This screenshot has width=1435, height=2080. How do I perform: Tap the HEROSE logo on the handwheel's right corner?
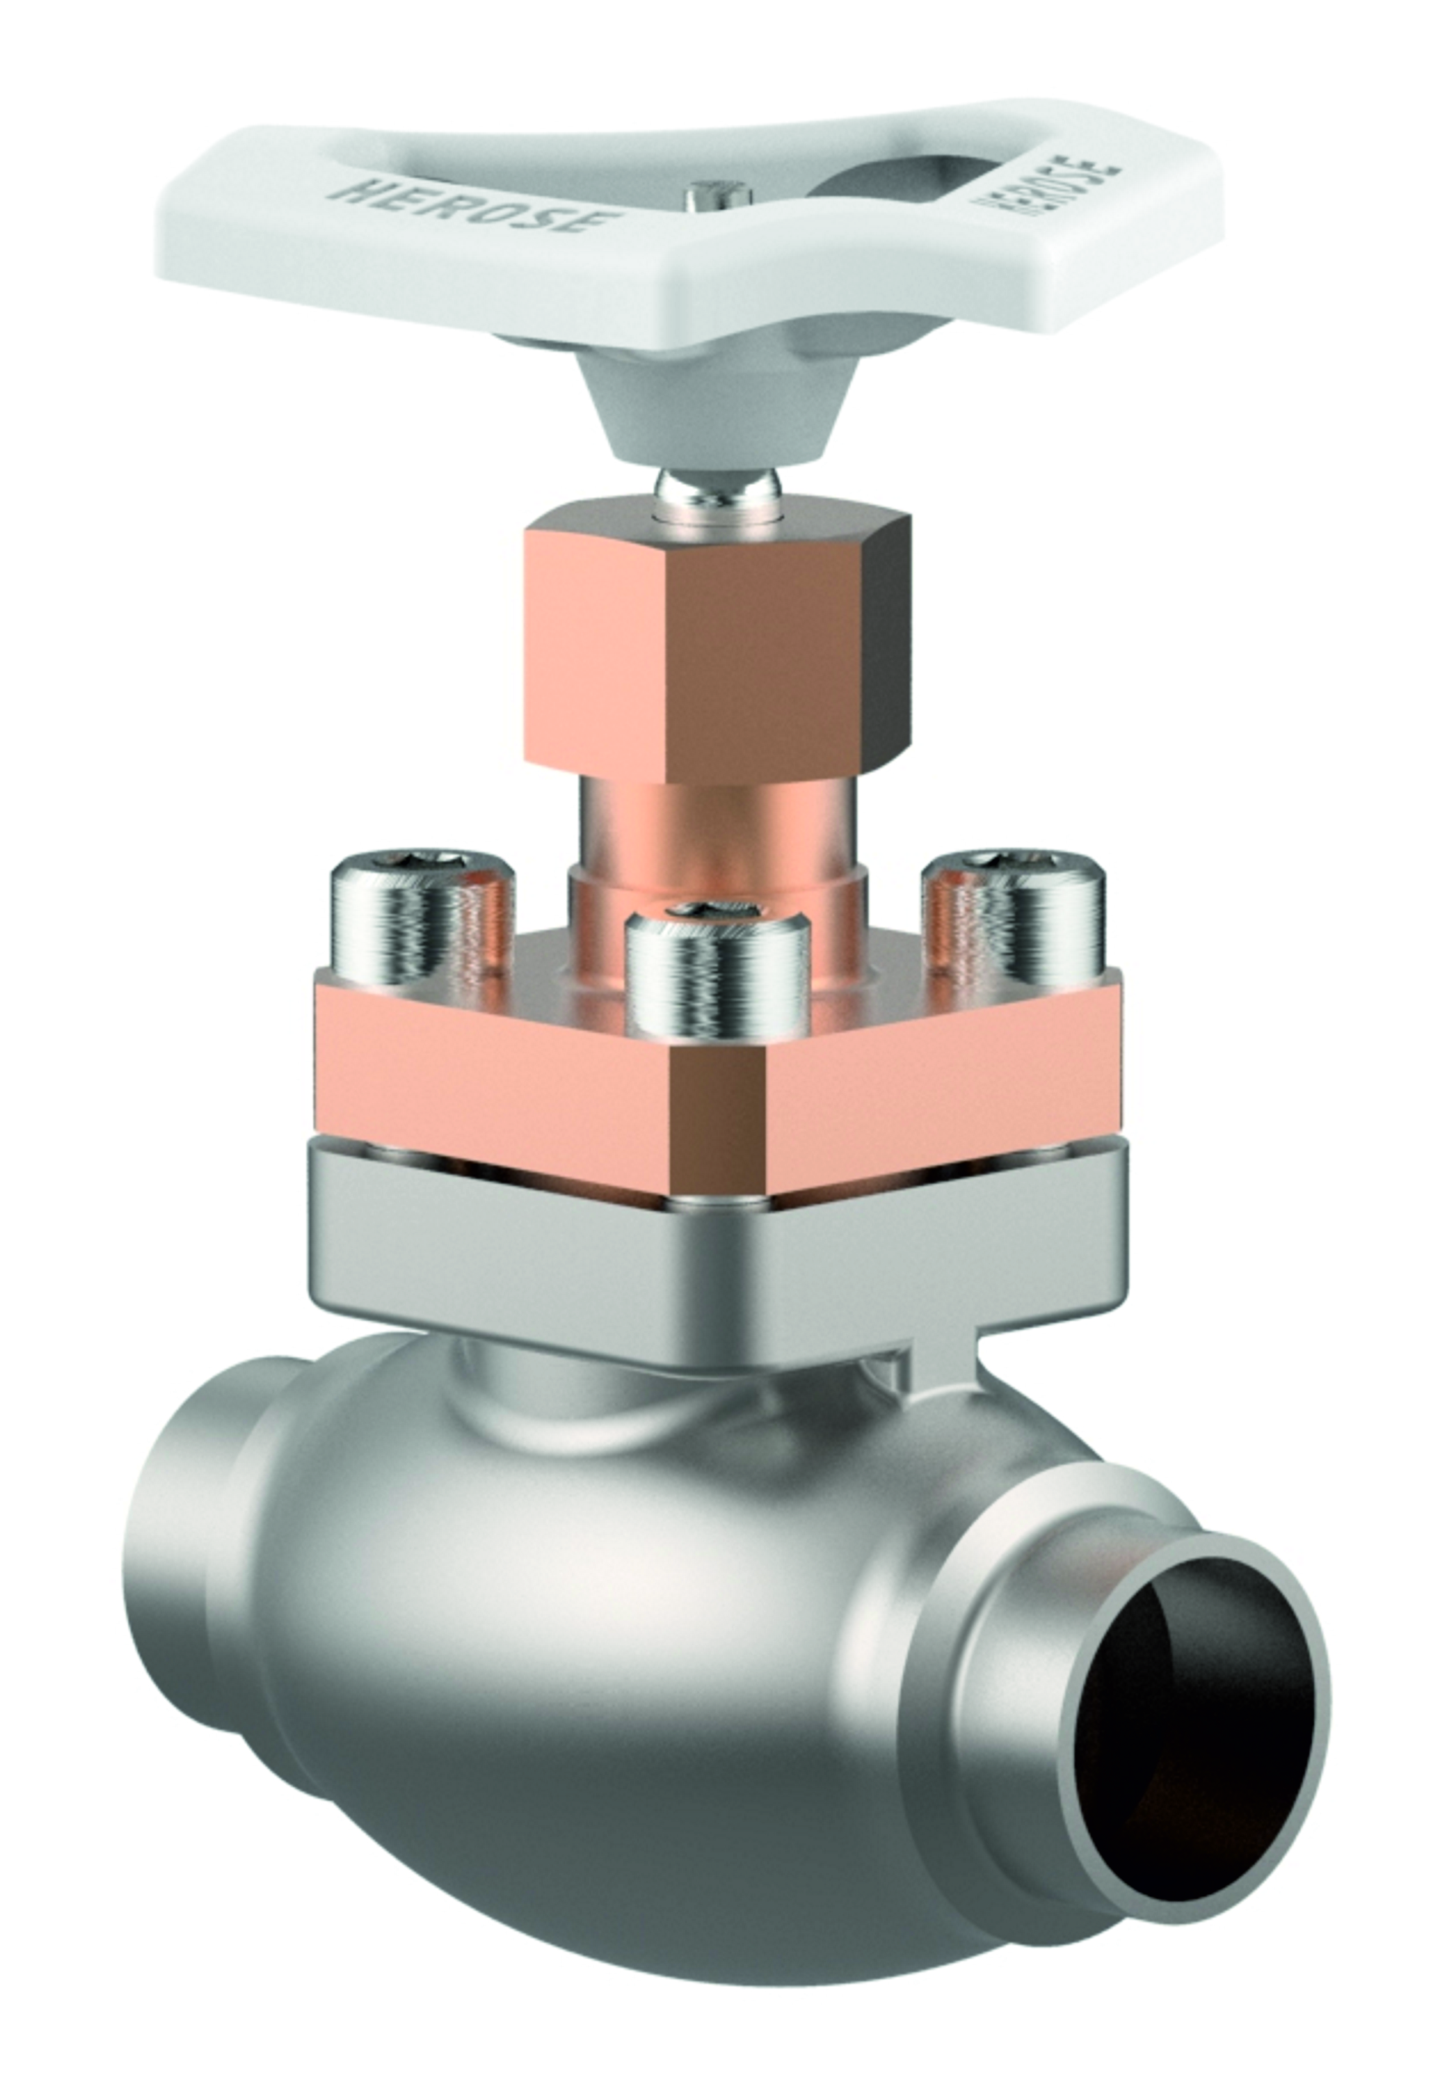point(1049,190)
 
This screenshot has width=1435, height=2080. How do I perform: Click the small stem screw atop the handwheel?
point(716,196)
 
